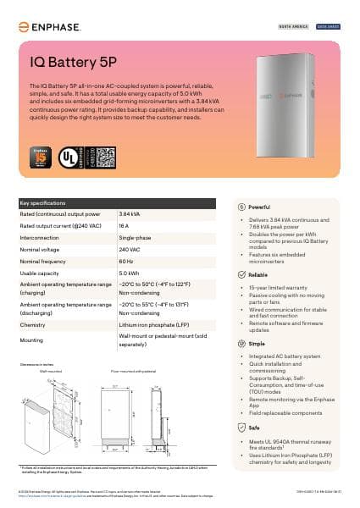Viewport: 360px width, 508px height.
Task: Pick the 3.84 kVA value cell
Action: [x=130, y=214]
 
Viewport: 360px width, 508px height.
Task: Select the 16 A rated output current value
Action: [x=124, y=227]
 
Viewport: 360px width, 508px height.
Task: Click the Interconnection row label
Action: [x=42, y=239]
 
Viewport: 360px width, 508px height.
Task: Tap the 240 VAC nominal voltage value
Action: [x=129, y=251]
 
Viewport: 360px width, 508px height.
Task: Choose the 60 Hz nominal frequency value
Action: [x=126, y=262]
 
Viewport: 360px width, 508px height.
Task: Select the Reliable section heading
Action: [x=258, y=275]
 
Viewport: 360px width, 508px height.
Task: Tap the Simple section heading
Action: [x=258, y=344]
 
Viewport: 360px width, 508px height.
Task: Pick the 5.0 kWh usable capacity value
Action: [x=129, y=273]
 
